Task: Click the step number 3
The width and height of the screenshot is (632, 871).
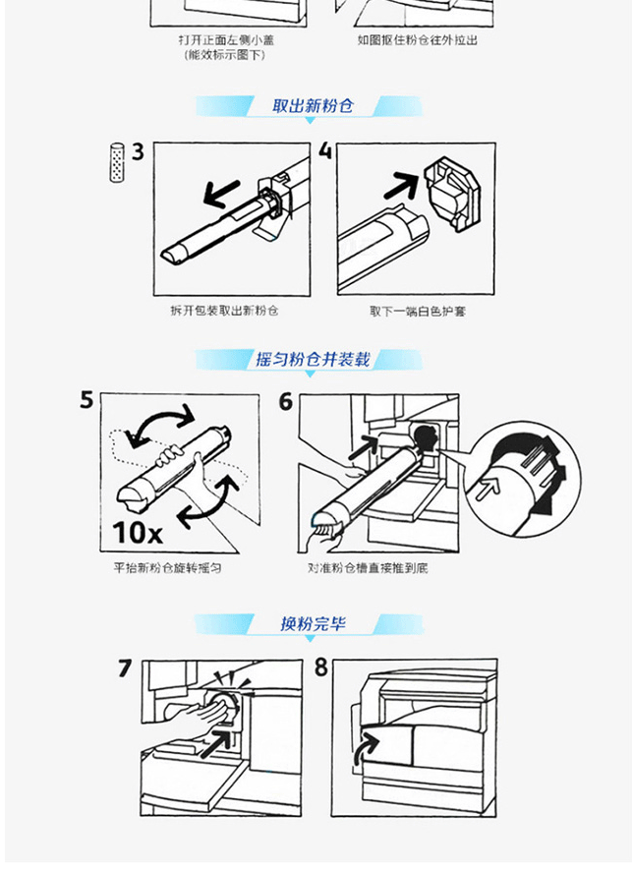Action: coord(138,151)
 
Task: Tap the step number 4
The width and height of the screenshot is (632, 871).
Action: coord(326,151)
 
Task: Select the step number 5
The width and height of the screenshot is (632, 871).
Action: coord(87,400)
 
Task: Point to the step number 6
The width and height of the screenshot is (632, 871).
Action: coord(285,401)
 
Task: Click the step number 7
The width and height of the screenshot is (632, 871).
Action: coord(126,668)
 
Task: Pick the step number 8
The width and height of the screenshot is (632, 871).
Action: coord(321,668)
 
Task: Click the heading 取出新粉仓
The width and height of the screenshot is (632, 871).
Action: coord(313,105)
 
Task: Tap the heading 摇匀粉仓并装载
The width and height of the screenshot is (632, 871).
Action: coord(313,359)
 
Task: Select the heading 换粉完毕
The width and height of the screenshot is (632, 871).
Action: coord(313,623)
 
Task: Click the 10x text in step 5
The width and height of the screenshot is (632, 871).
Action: coord(138,533)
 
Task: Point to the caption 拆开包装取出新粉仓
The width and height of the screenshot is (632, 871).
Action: coord(224,311)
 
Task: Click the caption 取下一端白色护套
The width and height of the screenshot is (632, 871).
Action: coord(418,311)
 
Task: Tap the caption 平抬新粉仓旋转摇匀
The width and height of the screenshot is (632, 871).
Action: coord(167,567)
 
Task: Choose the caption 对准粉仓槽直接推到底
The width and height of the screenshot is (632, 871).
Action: coord(368,567)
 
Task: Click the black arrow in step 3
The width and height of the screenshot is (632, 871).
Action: coord(221,193)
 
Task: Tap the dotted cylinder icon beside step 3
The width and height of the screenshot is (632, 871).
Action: coord(117,162)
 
